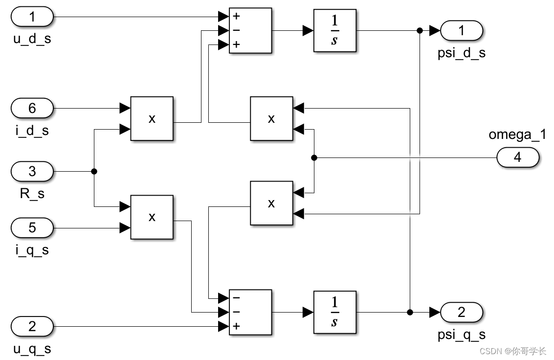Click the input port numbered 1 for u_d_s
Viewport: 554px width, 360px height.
[32, 18]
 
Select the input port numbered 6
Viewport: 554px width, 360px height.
[32, 108]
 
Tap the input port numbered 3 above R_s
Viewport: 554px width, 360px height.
[32, 172]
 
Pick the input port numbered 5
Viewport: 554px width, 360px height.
[32, 227]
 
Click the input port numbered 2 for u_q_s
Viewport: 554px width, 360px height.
[32, 326]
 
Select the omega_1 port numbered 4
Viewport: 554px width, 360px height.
[517, 157]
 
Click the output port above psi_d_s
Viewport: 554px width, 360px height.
[462, 31]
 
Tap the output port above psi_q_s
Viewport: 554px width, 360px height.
[462, 312]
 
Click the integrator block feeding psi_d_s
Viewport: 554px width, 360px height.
[334, 31]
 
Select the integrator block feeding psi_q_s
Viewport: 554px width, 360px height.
[334, 312]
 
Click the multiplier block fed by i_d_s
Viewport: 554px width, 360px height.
[152, 119]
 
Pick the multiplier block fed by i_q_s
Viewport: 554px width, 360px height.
[152, 217]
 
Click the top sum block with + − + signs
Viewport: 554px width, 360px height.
[250, 30]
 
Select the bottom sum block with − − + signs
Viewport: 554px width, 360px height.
[250, 312]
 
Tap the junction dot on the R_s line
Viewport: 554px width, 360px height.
[94, 172]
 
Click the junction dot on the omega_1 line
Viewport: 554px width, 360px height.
[314, 157]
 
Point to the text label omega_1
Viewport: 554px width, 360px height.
[517, 135]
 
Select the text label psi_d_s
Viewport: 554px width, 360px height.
[462, 53]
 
